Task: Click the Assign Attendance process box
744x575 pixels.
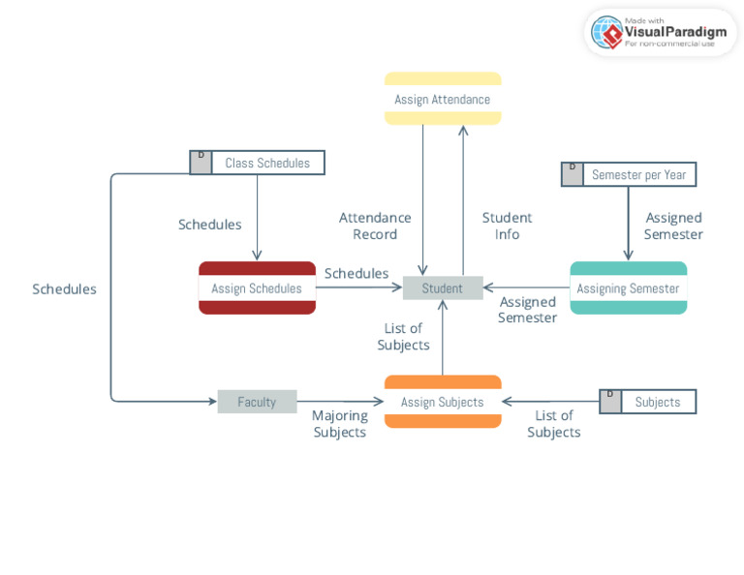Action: [442, 99]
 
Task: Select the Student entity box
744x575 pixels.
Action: [442, 287]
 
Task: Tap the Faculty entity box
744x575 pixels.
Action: [257, 402]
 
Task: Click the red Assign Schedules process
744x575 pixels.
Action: [257, 287]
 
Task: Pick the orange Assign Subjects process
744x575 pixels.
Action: [442, 402]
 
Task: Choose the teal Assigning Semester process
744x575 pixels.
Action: [628, 287]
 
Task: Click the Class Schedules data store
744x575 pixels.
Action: [267, 163]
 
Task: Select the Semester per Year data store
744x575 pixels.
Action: [638, 174]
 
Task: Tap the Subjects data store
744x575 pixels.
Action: [657, 402]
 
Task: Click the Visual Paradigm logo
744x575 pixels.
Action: [661, 32]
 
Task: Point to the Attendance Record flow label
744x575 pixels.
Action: [375, 226]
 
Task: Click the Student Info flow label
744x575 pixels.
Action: [507, 226]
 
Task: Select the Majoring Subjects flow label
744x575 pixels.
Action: [339, 423]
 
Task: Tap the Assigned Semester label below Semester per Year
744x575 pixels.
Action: [673, 226]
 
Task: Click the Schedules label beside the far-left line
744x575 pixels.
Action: [64, 288]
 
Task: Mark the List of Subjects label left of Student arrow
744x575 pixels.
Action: [403, 336]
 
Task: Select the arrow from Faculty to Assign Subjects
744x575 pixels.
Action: [340, 402]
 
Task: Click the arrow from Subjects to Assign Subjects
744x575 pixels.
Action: [550, 402]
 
